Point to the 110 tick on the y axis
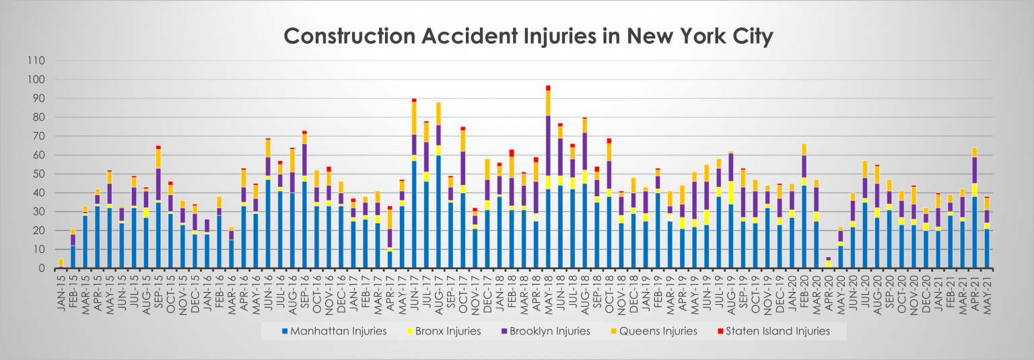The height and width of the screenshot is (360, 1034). click(x=36, y=61)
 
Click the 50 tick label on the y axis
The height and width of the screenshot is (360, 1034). click(x=38, y=174)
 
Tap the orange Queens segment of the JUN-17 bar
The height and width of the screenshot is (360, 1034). click(x=414, y=118)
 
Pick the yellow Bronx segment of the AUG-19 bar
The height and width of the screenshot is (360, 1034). click(x=730, y=192)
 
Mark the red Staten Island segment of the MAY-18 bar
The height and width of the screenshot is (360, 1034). click(x=548, y=87)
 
